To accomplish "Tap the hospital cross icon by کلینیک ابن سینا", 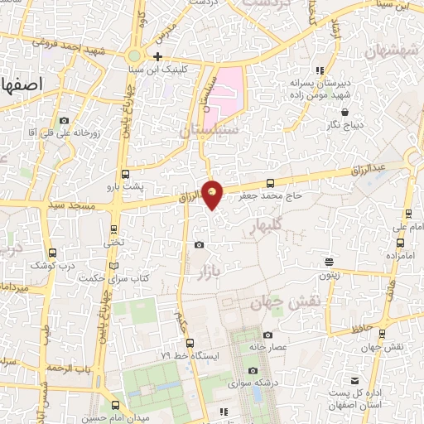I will [157, 56].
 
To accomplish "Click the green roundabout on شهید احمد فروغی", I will [134, 55].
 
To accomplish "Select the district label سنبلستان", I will [209, 131].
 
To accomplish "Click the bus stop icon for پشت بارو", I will [125, 175].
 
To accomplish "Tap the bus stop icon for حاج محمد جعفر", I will [270, 184].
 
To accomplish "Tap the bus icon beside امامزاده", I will [401, 243].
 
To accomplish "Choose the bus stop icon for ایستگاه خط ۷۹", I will [190, 343].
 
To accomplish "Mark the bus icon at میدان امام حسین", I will [115, 406].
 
